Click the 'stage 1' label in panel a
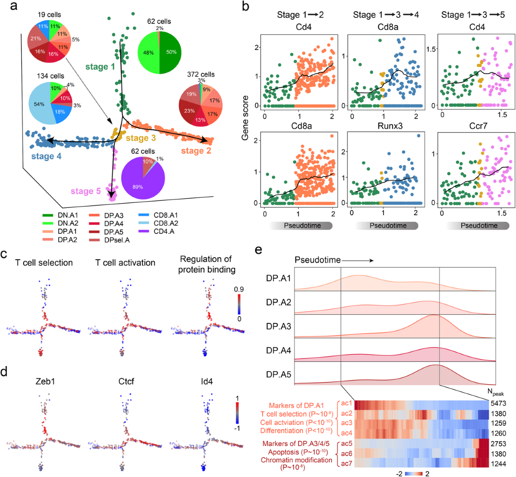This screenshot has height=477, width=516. click(100, 67)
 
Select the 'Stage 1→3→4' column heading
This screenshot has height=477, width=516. click(386, 15)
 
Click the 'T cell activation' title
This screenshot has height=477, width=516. click(125, 262)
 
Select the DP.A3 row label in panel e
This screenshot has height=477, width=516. click(279, 327)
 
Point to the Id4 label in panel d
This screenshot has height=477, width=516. click(207, 381)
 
